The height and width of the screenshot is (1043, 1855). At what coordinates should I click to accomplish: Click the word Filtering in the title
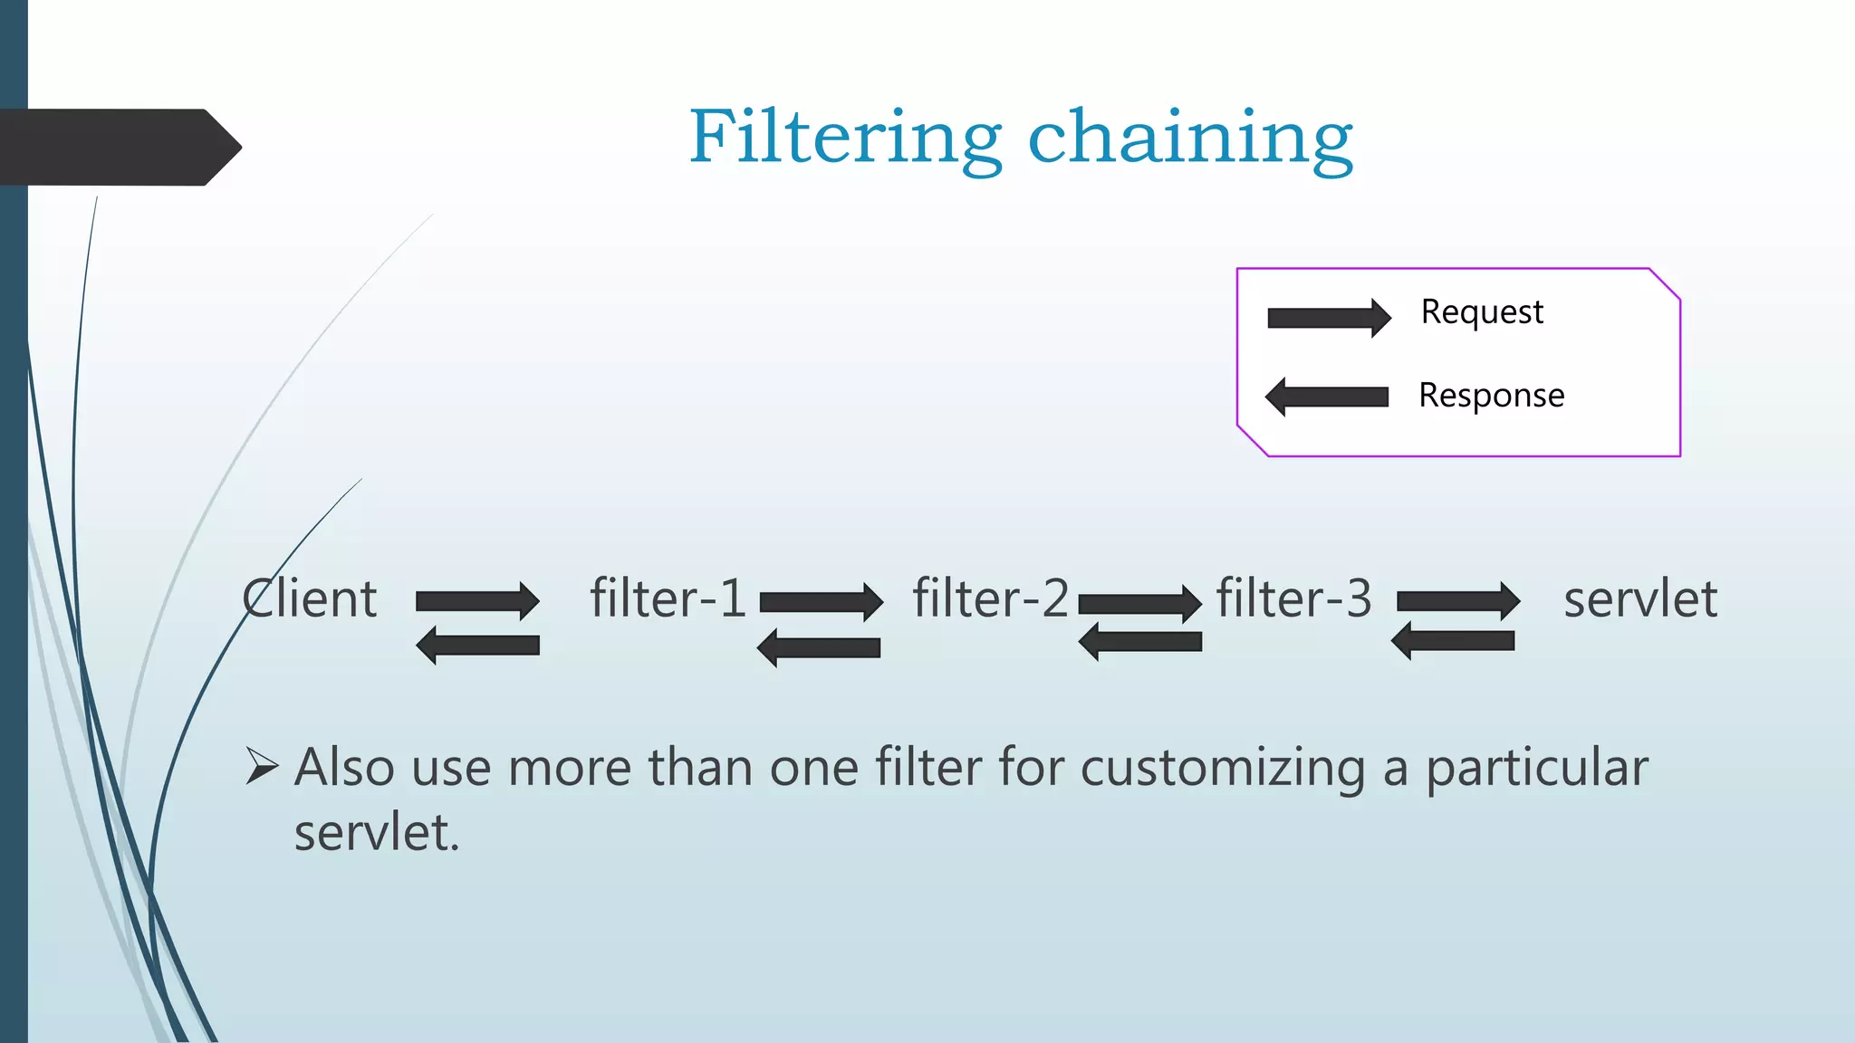845,138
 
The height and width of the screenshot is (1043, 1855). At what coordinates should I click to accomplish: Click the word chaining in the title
1190,138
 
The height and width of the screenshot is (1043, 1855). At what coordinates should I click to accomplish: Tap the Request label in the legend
1482,312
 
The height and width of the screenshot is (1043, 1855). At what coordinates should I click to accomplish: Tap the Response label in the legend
1491,396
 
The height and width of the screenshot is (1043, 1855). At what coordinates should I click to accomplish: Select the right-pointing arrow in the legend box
1329,318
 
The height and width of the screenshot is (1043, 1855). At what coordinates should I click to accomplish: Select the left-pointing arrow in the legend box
1327,397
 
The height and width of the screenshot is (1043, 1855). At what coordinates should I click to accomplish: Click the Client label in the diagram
309,599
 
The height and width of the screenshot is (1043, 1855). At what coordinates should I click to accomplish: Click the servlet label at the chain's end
1639,599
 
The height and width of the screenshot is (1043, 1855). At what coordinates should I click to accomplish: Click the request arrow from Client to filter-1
477,601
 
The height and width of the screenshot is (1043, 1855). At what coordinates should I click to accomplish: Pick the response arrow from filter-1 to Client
477,646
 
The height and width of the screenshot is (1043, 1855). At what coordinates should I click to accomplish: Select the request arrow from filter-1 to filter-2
821,602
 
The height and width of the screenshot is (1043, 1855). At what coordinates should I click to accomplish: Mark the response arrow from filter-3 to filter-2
1139,642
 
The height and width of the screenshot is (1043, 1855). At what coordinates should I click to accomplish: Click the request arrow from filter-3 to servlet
1458,601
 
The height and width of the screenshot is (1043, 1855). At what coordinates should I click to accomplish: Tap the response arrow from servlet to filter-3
1453,641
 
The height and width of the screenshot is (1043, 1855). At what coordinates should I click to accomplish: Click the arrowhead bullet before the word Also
261,767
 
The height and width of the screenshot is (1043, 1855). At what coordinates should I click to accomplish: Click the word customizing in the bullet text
1223,769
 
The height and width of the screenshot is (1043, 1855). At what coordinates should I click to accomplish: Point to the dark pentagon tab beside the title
118,148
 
